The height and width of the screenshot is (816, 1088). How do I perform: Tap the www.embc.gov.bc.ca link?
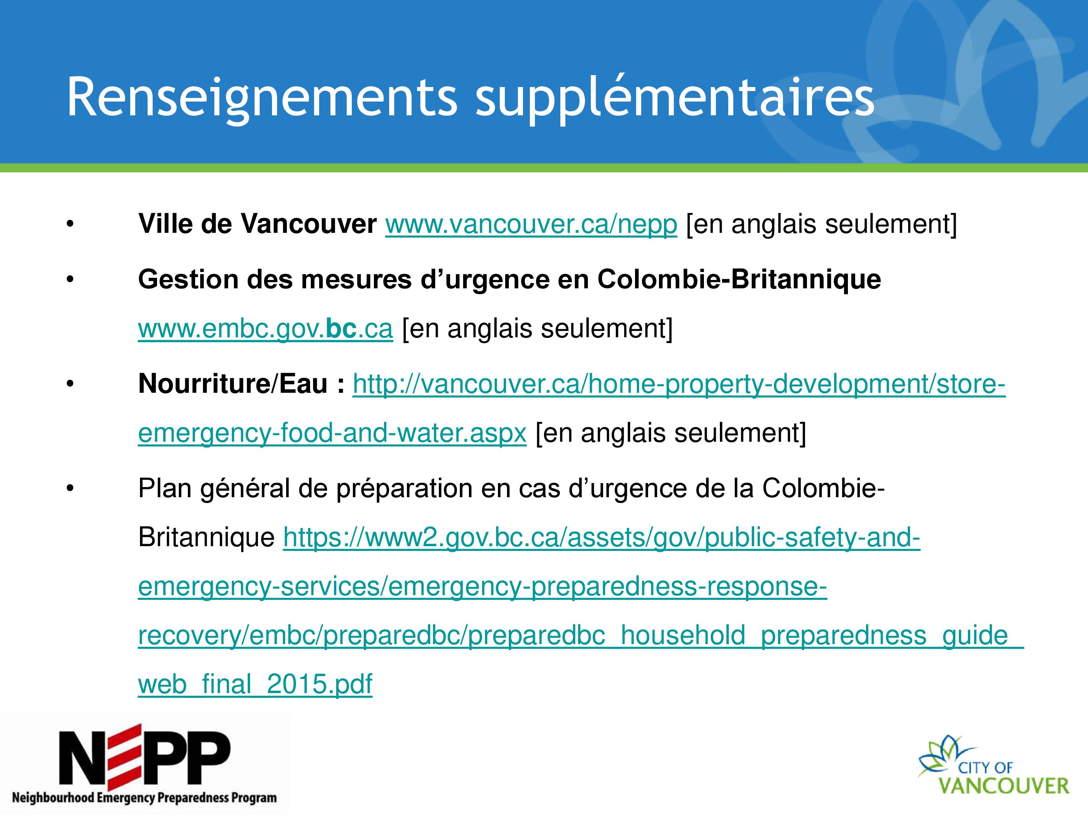265,329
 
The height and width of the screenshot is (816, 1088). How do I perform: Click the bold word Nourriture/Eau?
233,384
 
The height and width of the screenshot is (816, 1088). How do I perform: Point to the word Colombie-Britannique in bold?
739,279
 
